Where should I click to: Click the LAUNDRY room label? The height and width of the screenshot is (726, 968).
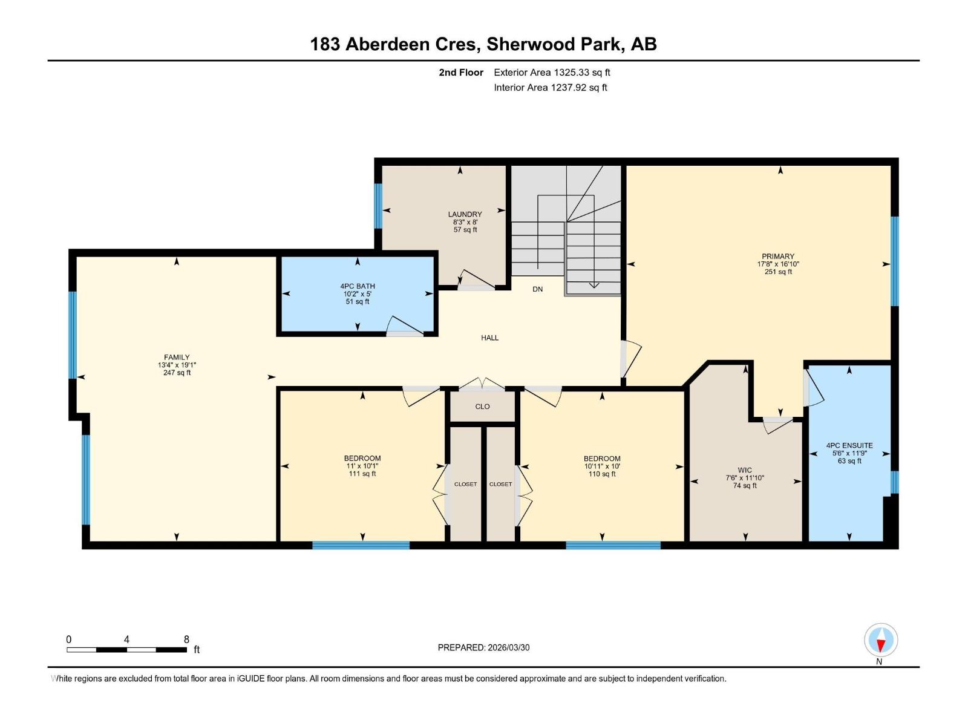[465, 214]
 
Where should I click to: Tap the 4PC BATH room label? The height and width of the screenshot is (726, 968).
[357, 286]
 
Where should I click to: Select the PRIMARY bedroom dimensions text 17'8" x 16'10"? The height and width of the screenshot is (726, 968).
[778, 264]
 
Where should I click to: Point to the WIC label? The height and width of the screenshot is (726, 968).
[745, 470]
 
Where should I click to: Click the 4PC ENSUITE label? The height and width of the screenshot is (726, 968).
[849, 445]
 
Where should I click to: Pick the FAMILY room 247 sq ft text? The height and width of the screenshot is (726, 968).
[177, 373]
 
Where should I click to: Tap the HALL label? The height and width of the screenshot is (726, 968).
[489, 338]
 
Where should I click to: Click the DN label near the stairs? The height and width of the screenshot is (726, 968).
[537, 289]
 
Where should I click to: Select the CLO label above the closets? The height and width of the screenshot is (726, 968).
[482, 407]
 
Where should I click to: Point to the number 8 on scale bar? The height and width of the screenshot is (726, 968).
[186, 639]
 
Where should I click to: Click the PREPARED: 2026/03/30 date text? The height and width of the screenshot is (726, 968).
[483, 647]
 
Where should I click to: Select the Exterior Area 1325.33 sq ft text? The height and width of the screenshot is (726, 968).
[552, 73]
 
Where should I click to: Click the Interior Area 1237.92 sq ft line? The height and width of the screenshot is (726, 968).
[550, 88]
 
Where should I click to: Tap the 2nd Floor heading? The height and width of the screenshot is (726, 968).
[461, 73]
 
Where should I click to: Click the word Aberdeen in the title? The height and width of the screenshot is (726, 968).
[413, 44]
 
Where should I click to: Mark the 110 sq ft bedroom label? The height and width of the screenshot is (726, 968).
[602, 474]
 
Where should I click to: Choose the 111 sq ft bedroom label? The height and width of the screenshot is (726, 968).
[362, 474]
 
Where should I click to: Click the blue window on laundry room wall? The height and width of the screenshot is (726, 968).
[378, 206]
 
